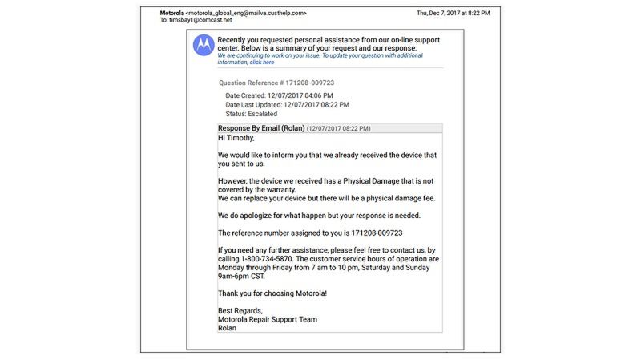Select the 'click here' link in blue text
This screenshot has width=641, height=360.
point(262,63)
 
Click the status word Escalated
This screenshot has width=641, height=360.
point(263,114)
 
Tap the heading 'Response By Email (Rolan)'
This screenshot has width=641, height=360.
point(260,127)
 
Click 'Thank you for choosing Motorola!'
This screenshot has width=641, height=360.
point(272,293)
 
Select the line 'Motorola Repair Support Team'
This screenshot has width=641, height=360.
point(268,319)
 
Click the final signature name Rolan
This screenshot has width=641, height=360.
point(228,328)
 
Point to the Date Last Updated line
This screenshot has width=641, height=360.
point(287,104)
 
